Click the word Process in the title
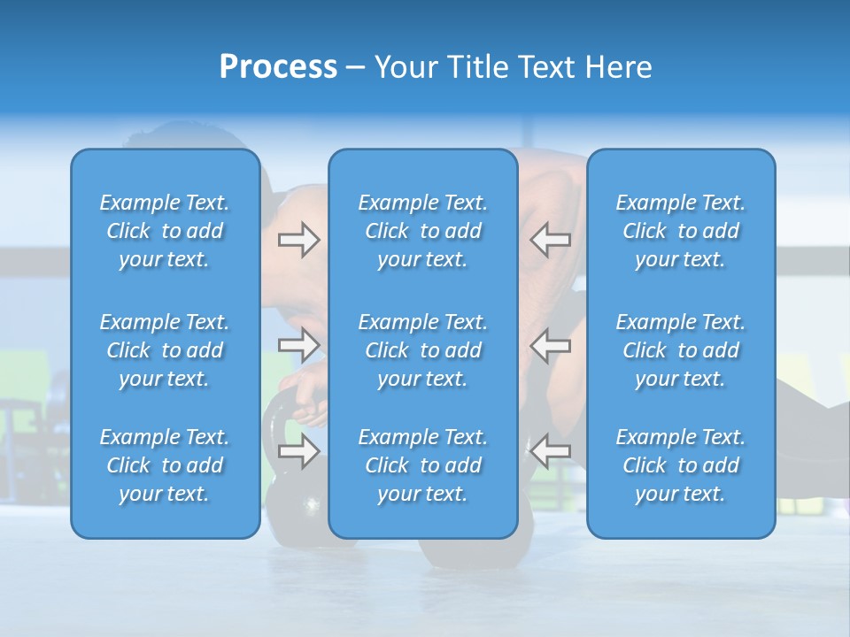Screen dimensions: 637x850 pos(278,67)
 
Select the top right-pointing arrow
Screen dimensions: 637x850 pos(298,240)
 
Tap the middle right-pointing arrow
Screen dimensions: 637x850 pos(298,344)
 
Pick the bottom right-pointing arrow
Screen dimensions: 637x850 pos(298,452)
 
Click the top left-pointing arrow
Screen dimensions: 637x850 pos(550,240)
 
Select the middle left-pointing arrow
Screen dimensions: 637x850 pos(550,344)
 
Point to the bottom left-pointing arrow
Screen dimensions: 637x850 pos(550,450)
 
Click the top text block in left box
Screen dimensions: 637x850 pos(165,231)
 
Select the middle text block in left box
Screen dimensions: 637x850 pos(165,350)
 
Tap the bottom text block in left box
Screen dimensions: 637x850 pos(165,465)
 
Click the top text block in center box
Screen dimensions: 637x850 pos(423,231)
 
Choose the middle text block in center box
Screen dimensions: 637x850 pos(423,350)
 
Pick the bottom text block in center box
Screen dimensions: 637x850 pos(423,465)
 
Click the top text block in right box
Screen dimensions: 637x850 pos(681,231)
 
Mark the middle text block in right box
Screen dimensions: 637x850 pos(681,350)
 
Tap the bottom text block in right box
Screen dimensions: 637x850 pos(681,465)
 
